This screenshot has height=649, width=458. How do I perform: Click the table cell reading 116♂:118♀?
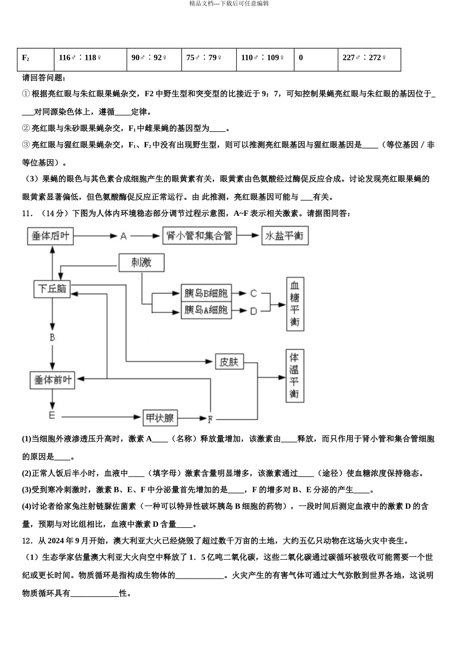click(x=90, y=58)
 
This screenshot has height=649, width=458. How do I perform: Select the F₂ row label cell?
click(x=35, y=58)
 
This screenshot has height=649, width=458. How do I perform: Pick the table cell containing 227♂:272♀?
click(x=369, y=58)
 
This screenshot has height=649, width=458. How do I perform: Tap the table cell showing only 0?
click(x=316, y=58)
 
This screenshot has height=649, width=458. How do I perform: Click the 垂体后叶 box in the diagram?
click(x=51, y=236)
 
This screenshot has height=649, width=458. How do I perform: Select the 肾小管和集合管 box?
click(x=199, y=236)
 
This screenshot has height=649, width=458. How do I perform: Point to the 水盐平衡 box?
click(x=284, y=236)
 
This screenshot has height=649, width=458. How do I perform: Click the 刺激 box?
click(x=141, y=262)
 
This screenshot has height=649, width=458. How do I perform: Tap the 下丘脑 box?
click(x=52, y=288)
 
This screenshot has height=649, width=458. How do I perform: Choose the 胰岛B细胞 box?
click(x=206, y=293)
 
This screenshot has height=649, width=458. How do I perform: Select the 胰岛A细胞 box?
click(x=206, y=310)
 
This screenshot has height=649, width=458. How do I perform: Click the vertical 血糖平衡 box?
click(x=295, y=303)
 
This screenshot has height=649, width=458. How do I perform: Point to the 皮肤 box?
click(x=229, y=361)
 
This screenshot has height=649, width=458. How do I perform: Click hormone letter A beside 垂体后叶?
click(x=123, y=236)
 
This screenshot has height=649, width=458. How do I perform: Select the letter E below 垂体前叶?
click(x=52, y=415)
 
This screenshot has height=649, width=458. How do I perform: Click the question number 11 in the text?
click(x=27, y=213)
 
